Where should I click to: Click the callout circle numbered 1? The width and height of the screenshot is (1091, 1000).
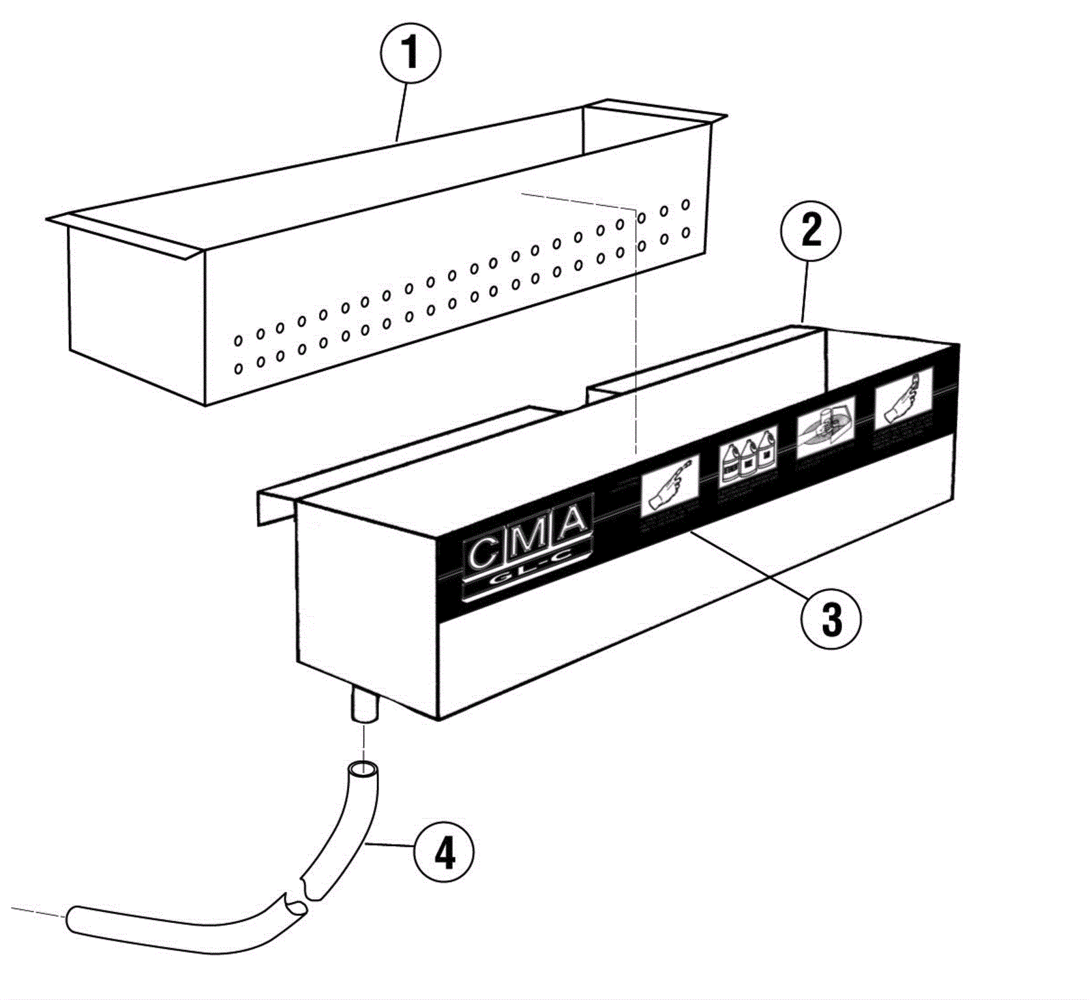click(x=410, y=52)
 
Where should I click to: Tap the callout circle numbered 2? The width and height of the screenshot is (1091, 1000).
click(x=811, y=231)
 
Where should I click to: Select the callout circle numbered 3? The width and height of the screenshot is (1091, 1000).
click(x=831, y=619)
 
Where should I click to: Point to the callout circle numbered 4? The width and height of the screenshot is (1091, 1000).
click(x=444, y=852)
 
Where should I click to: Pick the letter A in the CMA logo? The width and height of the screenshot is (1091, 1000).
click(x=573, y=521)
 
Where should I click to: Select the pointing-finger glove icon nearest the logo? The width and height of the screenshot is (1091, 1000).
click(x=670, y=485)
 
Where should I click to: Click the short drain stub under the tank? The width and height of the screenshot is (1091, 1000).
click(x=364, y=705)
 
